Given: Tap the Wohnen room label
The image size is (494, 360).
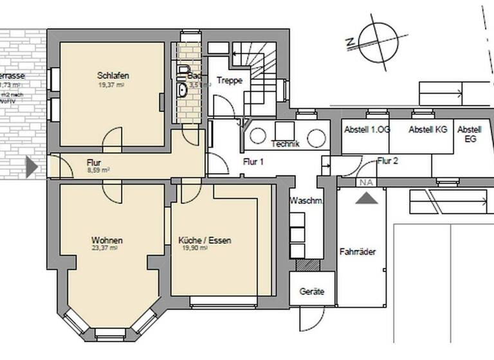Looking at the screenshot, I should point(107,240).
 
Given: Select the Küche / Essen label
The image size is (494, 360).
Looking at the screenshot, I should point(205,240).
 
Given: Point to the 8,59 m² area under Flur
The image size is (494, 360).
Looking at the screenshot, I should point(98,171).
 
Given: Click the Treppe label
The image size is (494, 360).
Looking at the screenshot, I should point(228,80).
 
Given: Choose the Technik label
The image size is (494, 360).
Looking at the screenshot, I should point(286,144).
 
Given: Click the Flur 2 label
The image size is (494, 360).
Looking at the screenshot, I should point(388,161).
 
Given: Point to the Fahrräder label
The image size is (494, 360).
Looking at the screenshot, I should point(358,252).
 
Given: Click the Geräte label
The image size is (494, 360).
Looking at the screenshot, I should point(312,292).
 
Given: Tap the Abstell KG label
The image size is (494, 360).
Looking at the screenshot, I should point(428,129).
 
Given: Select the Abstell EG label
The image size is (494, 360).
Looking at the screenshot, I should point(470,134).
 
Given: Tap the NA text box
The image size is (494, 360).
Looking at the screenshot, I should point(367,183).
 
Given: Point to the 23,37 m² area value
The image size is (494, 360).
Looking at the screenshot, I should point(107,248).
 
